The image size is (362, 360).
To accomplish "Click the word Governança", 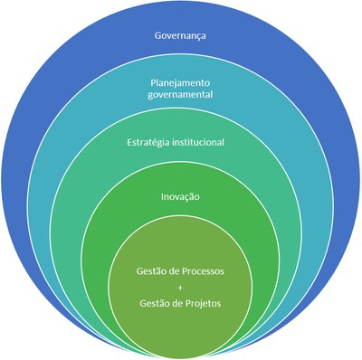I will (x=181, y=38).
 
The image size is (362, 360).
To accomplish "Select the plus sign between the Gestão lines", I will (x=181, y=287).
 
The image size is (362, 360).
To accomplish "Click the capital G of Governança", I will (x=155, y=38).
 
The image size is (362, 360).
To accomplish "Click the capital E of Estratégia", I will (x=128, y=142).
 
